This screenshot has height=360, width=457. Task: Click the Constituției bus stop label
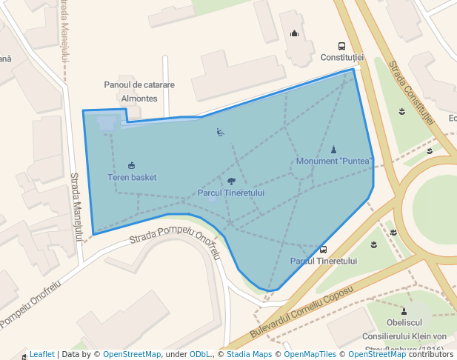click(x=342, y=58)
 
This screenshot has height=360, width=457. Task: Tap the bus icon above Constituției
click(x=342, y=46)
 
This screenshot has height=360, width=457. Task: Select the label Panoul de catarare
click(x=139, y=85)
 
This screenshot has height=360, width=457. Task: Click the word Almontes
click(x=139, y=99)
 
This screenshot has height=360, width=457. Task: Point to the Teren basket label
click(x=132, y=178)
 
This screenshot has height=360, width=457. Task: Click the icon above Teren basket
click(x=132, y=165)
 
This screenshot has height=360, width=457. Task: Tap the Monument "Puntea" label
click(x=333, y=161)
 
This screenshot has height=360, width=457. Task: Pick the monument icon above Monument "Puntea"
click(x=333, y=150)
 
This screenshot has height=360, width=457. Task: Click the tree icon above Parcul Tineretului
click(x=231, y=181)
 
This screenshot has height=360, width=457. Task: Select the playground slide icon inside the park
click(x=220, y=133)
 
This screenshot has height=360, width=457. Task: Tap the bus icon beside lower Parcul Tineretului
click(x=323, y=250)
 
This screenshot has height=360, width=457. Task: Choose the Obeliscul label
click(x=404, y=323)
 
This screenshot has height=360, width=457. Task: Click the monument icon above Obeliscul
click(x=404, y=311)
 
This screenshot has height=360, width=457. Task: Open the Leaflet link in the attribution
click(x=41, y=354)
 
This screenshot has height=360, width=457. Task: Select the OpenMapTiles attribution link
click(x=305, y=354)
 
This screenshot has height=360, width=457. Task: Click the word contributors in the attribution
click(x=430, y=354)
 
